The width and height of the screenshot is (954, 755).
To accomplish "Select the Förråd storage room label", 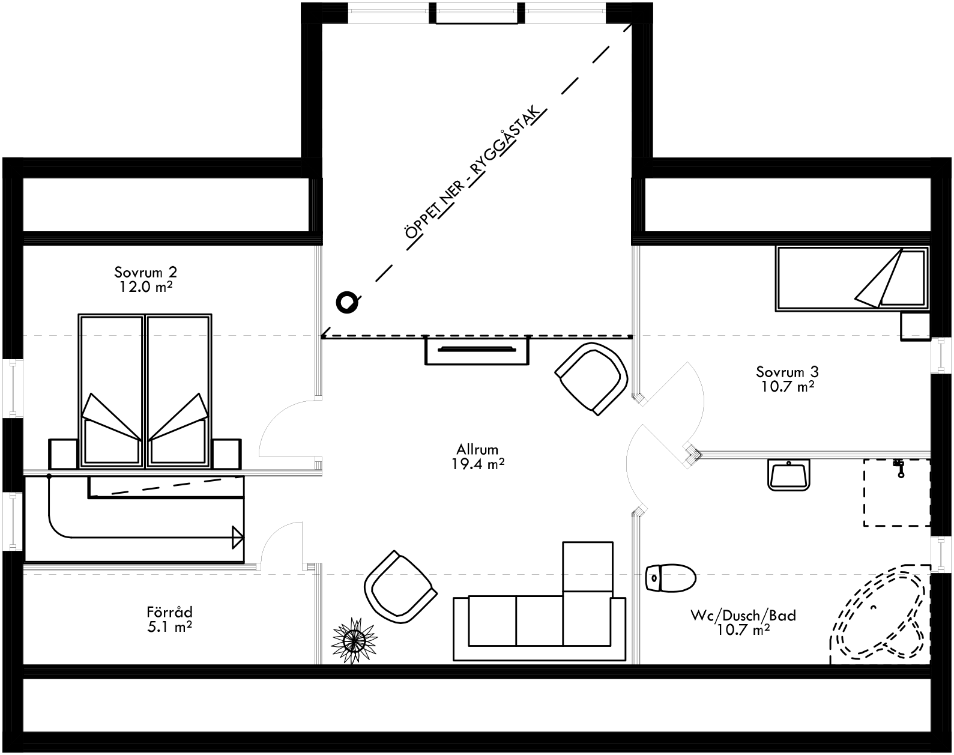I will click(x=169, y=613).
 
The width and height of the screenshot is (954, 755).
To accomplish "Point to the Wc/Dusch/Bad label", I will click(x=743, y=616).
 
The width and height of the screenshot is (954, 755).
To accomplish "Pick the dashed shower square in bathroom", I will click(x=896, y=493).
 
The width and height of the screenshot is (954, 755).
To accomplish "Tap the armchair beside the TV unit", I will click(x=591, y=377).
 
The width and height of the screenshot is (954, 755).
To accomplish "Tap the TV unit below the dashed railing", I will click(x=477, y=350).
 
